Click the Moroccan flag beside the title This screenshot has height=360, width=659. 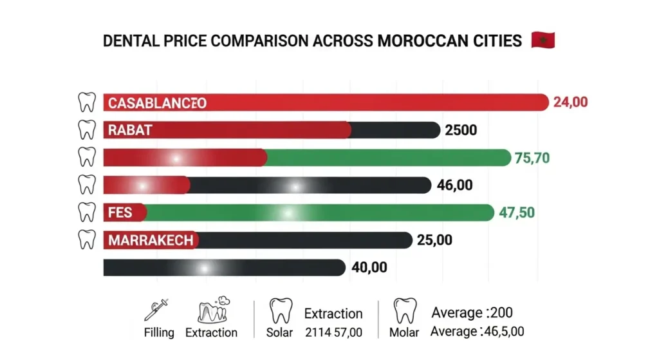pos(543,41)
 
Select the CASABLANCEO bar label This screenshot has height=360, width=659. pos(157,103)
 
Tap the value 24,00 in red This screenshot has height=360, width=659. pos(570,102)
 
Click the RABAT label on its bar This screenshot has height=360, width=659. pos(130,130)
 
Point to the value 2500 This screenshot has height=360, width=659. pos(461,130)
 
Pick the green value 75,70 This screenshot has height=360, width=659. pos(532,158)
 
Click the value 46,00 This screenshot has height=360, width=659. pos(454,185)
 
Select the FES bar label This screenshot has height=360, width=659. pos(120,213)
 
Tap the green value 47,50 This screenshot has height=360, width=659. pos(517,213)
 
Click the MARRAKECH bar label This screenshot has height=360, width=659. pos(151,240)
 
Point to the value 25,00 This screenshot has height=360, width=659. pos(434,240)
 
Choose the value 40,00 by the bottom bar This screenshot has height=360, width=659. pos(369,267)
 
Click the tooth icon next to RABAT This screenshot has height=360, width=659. pos(86,130)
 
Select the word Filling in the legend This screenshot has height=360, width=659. pos(158,333)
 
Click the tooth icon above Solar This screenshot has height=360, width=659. pos(279,310)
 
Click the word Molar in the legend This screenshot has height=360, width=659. pos(405,333)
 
